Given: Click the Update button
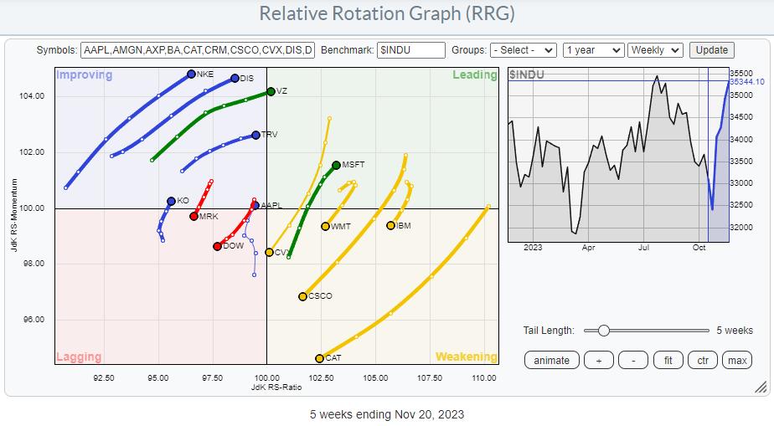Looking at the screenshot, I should (712, 50).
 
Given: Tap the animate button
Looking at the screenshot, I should (551, 360).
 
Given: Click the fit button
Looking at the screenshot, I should (668, 360).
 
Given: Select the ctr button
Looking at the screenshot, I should (702, 360).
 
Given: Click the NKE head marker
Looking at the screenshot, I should (192, 74).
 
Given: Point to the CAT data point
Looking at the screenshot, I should (320, 358).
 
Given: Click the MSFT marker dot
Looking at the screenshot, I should (336, 166).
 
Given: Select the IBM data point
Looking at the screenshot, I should (390, 225).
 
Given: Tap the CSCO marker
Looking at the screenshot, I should (303, 296).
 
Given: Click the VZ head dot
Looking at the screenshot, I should (271, 91).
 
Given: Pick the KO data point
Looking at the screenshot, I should (171, 201).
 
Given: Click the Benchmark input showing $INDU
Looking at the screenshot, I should (410, 50).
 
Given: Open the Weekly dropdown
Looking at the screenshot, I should (655, 50).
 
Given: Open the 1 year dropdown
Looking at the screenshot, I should (593, 50).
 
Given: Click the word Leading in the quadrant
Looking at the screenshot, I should (474, 75).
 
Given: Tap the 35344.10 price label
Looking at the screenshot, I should (746, 81).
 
